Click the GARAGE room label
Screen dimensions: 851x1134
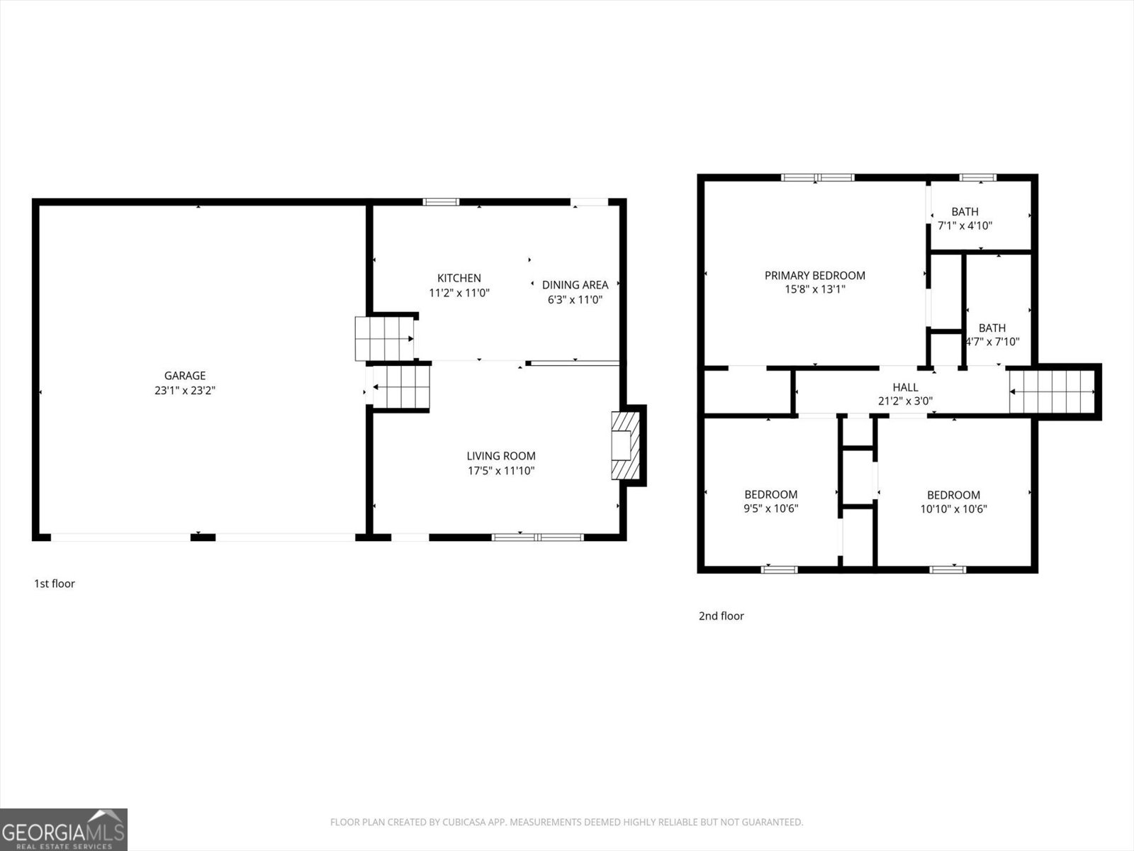tap(185, 376)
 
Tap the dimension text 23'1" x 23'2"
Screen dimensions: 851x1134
tap(185, 390)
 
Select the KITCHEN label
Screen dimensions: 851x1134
tap(459, 278)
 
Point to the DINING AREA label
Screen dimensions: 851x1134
tap(575, 285)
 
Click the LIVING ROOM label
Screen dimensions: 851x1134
tap(500, 456)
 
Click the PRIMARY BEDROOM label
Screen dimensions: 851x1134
tap(814, 275)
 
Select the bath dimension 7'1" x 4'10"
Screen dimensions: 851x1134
tap(965, 226)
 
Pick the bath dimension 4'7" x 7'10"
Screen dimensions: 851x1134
tap(992, 342)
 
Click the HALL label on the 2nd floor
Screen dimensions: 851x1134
tap(905, 387)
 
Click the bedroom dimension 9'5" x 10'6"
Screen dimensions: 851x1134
tap(770, 508)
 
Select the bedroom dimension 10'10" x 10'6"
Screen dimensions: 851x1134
tap(953, 508)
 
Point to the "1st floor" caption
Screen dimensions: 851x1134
tap(55, 584)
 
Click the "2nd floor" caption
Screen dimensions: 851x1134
tap(721, 616)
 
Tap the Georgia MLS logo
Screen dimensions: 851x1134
tap(64, 829)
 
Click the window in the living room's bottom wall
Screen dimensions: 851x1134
tap(537, 537)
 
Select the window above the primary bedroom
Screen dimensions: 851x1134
tap(817, 177)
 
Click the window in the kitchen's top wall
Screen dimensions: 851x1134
tap(441, 202)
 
